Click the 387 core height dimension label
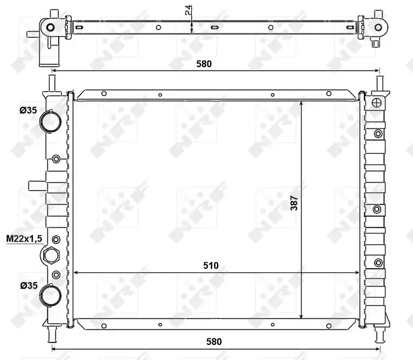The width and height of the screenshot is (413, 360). (294, 203)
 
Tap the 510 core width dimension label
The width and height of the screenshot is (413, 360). (211, 265)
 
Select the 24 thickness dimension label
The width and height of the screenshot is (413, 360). (189, 10)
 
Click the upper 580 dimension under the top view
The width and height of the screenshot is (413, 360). (204, 64)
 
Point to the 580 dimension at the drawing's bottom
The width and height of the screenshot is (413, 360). (214, 341)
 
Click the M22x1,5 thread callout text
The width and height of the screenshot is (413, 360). (24, 239)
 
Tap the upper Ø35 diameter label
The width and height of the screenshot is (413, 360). (28, 110)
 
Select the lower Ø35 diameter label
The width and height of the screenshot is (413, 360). (29, 285)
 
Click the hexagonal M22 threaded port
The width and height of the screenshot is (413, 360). (50, 255)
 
